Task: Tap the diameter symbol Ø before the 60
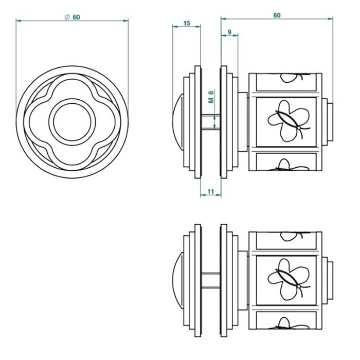coord(67,17)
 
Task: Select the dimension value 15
coord(186,23)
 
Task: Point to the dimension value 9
coord(229,32)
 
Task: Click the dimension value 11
coord(210,191)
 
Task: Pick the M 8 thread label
coord(211,97)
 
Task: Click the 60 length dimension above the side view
coord(277,15)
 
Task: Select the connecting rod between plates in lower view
coord(210,279)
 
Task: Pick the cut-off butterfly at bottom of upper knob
coord(288,165)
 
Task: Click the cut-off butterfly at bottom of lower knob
coord(288,323)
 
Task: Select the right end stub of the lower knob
coord(330,279)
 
